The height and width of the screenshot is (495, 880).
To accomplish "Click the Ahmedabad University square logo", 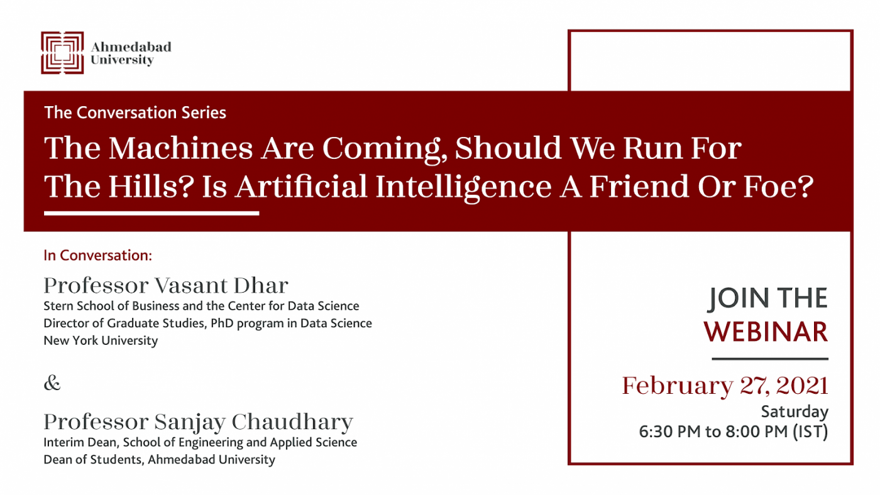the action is pyautogui.click(x=62, y=53).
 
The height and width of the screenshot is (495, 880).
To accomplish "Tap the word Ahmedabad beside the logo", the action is pyautogui.click(x=131, y=46).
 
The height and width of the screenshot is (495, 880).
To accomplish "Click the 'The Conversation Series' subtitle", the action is pyautogui.click(x=135, y=112).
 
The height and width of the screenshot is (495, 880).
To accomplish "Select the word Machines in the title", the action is pyautogui.click(x=181, y=148).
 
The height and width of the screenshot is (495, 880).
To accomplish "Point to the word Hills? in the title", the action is pyautogui.click(x=151, y=186).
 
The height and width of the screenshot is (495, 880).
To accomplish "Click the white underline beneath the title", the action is pyautogui.click(x=151, y=213).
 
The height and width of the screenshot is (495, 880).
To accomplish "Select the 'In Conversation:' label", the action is pyautogui.click(x=98, y=256).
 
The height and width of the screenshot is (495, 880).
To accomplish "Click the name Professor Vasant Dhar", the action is pyautogui.click(x=166, y=285).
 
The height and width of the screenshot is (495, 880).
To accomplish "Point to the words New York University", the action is pyautogui.click(x=101, y=340).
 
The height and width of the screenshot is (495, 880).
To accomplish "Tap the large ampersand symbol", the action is pyautogui.click(x=52, y=383).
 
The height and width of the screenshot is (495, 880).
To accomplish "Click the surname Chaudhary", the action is pyautogui.click(x=292, y=422).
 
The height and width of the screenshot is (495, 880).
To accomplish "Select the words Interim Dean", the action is pyautogui.click(x=80, y=442).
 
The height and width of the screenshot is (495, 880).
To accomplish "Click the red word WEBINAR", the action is pyautogui.click(x=766, y=332).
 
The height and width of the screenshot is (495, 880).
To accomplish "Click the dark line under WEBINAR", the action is pyautogui.click(x=770, y=359).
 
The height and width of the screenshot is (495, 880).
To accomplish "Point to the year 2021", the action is pyautogui.click(x=802, y=386).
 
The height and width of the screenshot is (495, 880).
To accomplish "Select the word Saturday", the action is pyautogui.click(x=795, y=412).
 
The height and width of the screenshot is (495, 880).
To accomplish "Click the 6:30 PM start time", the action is pyautogui.click(x=670, y=432).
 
